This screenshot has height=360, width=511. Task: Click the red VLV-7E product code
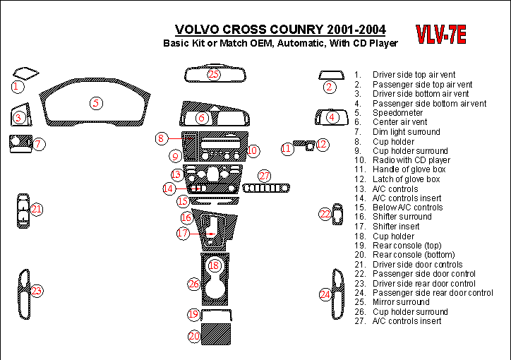(441, 34)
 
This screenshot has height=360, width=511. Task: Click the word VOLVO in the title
(197, 30)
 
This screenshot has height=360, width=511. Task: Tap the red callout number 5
(96, 103)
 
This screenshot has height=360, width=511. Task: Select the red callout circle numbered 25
(213, 75)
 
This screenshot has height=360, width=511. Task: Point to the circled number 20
(194, 336)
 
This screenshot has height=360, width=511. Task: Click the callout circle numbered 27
(264, 176)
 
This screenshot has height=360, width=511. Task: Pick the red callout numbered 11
(287, 149)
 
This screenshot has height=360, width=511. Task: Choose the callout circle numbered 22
(325, 214)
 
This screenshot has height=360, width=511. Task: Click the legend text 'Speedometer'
(397, 113)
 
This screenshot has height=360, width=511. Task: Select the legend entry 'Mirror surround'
(401, 302)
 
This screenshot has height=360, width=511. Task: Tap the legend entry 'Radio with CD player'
(411, 160)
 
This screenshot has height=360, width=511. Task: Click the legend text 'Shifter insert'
(396, 227)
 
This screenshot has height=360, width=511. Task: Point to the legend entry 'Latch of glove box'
(406, 179)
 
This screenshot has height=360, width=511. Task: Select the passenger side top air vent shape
(331, 75)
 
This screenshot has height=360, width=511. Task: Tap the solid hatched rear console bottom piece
(216, 334)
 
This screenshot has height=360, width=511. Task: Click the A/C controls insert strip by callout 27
(266, 188)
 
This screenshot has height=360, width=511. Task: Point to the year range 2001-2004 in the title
(356, 30)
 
